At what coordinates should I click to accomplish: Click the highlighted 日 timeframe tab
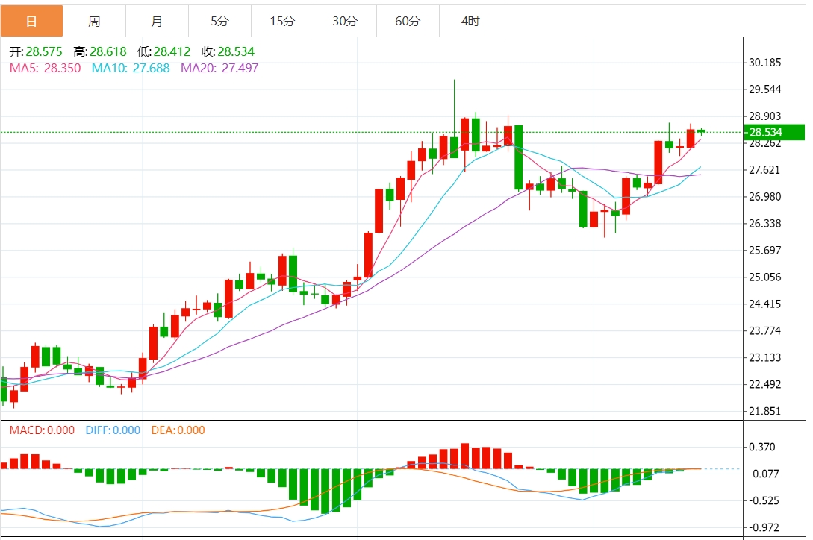coord(31,22)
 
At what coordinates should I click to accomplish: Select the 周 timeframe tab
coord(94,22)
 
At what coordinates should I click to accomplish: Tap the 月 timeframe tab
coord(157,22)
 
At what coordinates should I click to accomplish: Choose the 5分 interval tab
coord(219,22)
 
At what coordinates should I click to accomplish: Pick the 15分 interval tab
coord(282,22)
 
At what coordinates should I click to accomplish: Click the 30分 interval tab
coord(345,22)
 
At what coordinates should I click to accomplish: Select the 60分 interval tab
coord(408,22)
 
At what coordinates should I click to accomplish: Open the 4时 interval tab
coord(470,22)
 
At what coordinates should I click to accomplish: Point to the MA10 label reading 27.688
coord(131,69)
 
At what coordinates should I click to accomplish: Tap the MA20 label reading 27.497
coord(219,69)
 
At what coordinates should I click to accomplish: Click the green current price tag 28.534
coord(775,133)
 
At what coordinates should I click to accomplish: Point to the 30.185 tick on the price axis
coord(764,63)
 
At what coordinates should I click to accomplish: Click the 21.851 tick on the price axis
coord(764,412)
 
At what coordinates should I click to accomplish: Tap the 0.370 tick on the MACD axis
coord(761,448)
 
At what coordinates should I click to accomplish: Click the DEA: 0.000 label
coord(178,430)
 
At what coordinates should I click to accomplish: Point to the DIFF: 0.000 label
coord(113,430)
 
